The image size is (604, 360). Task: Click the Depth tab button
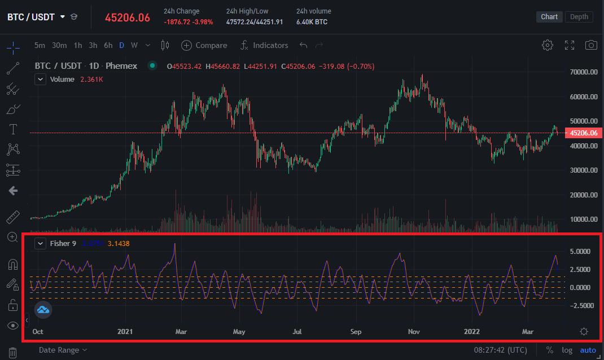(x=579, y=16)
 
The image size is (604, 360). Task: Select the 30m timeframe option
(x=59, y=45)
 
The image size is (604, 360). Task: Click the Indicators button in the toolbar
(x=264, y=45)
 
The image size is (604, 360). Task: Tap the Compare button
(x=204, y=45)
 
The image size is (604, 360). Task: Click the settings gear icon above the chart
(x=547, y=45)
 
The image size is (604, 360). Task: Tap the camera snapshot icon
(x=590, y=45)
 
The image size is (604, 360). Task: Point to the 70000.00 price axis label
(x=584, y=72)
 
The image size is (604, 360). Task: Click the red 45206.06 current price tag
(x=584, y=133)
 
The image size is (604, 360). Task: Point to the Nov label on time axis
(x=414, y=332)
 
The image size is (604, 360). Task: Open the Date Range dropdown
(x=63, y=350)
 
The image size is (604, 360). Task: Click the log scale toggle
(x=567, y=350)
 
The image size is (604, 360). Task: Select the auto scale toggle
(x=588, y=350)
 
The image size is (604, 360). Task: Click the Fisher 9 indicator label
(x=63, y=243)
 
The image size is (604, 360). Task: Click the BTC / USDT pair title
(x=31, y=17)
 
